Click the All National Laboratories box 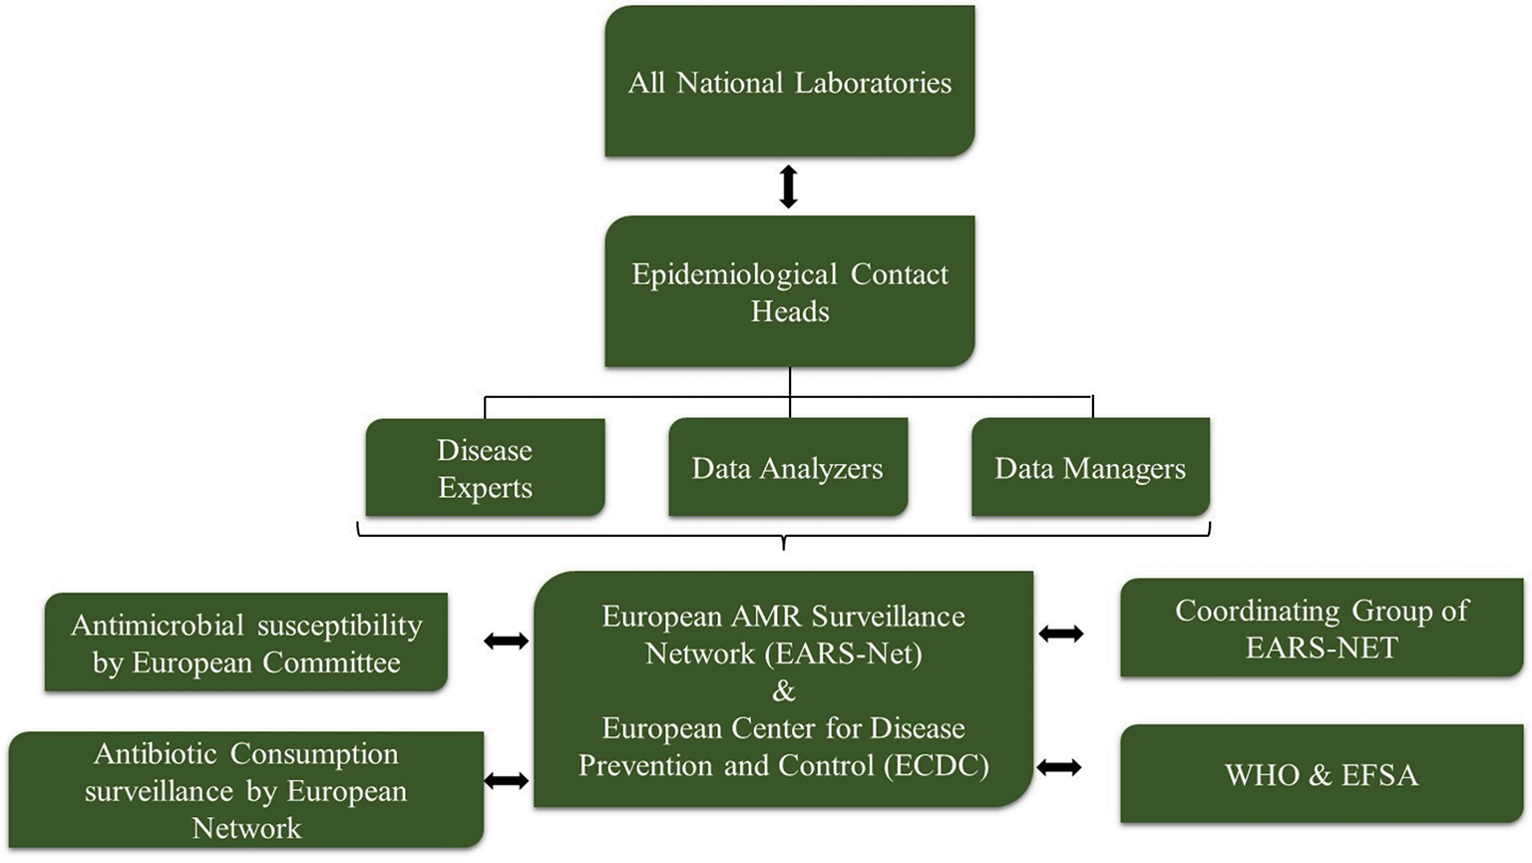pos(789,82)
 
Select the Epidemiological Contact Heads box pos(789,291)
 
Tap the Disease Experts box pos(485,468)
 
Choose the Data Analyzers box pos(788,468)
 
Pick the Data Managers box pos(1090,468)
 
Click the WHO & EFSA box pos(1321,775)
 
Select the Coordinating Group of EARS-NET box pos(1321,629)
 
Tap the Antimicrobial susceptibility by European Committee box pos(246,643)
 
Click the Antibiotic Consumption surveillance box pos(246,790)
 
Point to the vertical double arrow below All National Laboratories pos(788,187)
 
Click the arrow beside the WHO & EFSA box pos(1059,767)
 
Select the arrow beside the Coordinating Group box pos(1060,634)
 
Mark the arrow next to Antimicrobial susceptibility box pos(506,642)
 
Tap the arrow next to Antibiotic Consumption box pos(506,780)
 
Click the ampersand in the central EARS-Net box pos(784,690)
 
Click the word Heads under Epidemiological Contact pos(790,311)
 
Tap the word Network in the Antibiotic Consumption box pos(246,828)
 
